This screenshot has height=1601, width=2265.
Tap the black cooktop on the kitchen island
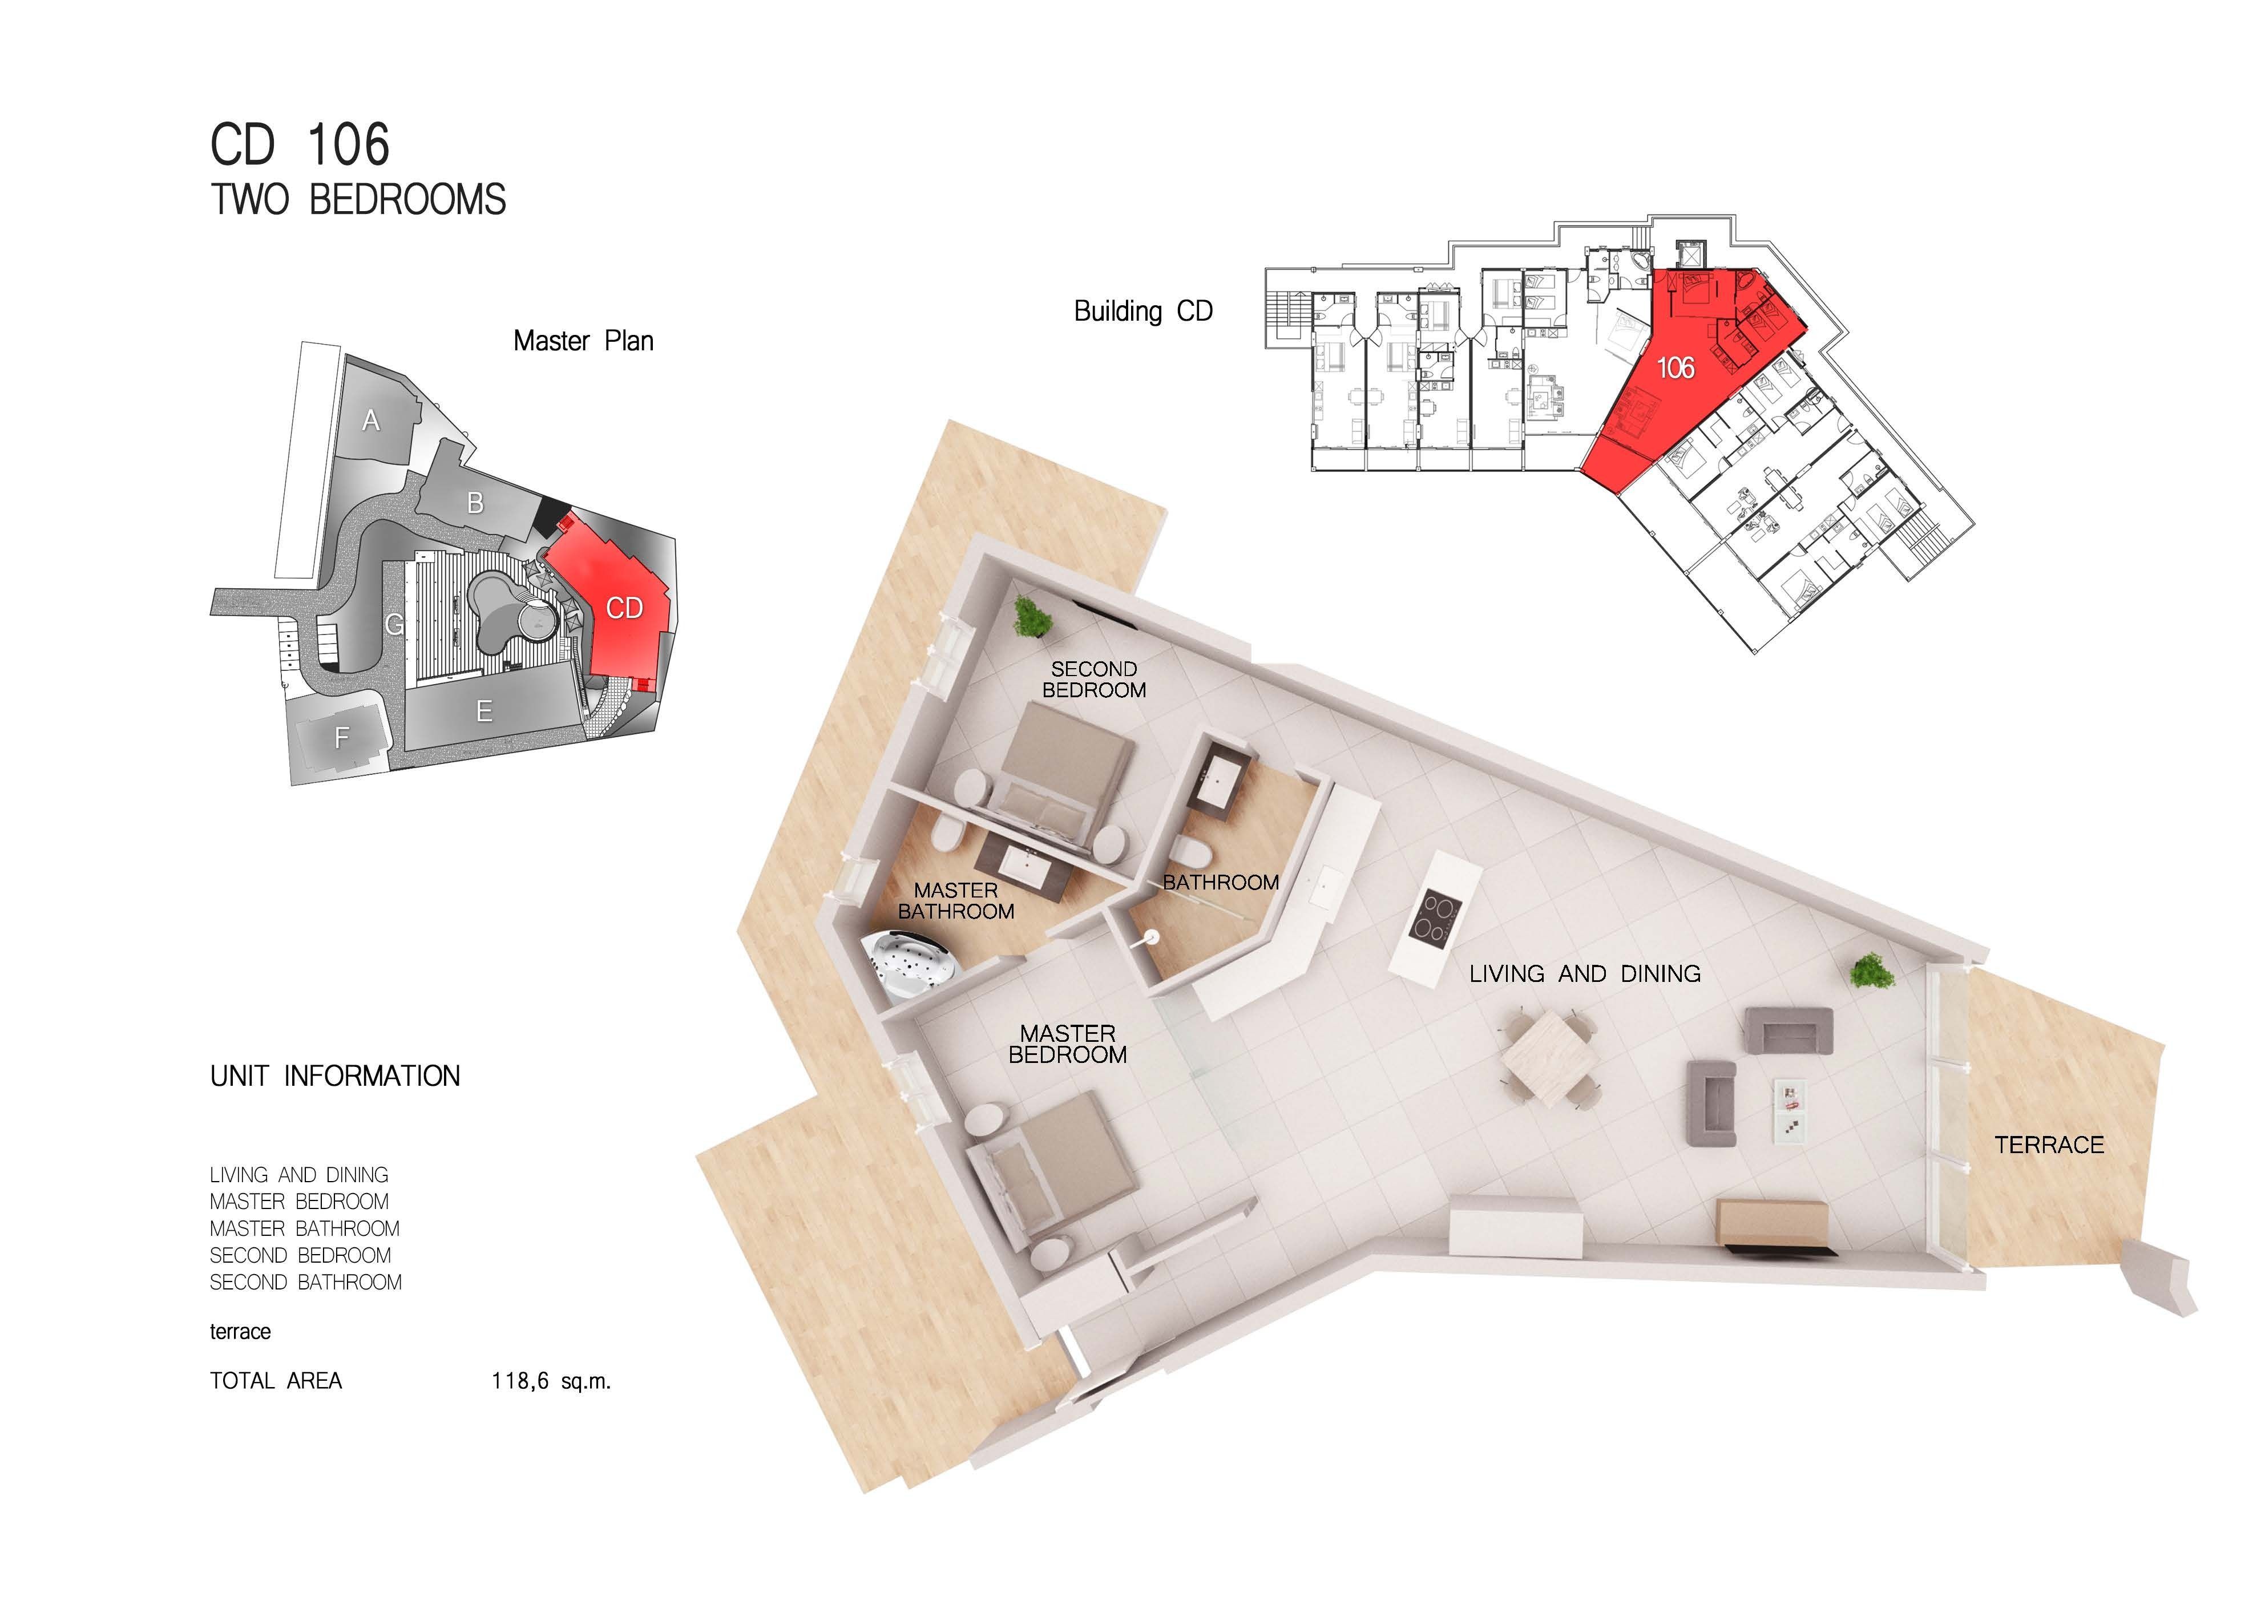pos(1435,917)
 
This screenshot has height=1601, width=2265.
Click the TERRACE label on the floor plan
pos(2049,1145)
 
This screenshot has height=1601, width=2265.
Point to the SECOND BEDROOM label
pos(1094,680)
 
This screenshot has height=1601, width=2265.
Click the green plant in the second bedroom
pos(1032,617)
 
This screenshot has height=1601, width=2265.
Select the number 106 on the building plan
pos(1675,368)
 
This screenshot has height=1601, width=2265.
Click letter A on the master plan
pos(371,421)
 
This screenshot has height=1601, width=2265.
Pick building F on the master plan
pos(341,737)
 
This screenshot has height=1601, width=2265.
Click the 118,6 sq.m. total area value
pos(551,1381)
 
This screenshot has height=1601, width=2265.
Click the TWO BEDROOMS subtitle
pos(358,199)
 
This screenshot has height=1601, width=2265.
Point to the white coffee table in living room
pos(1791,1111)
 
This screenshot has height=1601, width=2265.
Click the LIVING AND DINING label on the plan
pos(1584,973)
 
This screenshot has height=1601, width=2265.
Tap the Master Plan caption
pos(583,341)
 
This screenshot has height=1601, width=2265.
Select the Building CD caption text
pos(1142,312)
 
